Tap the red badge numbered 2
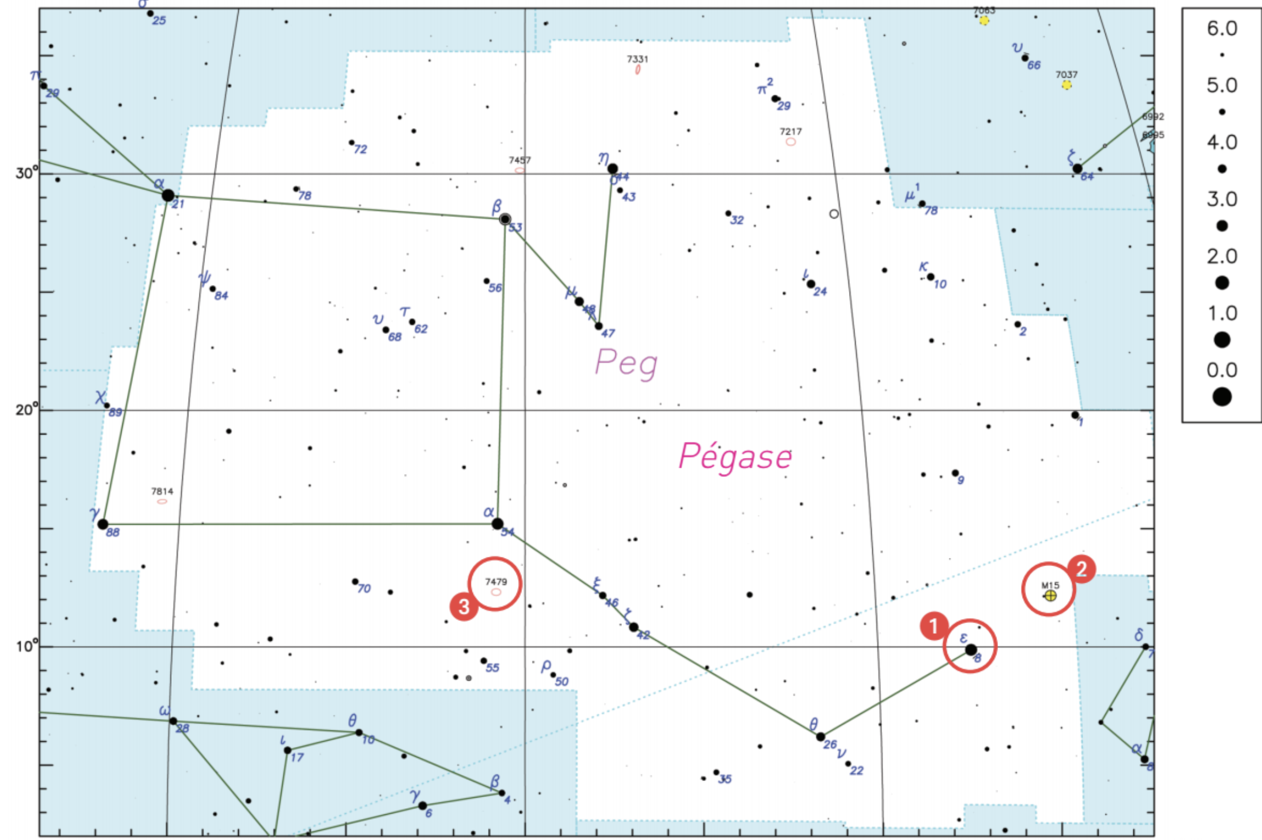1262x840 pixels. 1081,569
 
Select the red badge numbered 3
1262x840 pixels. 463,606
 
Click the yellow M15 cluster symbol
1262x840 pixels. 1050,595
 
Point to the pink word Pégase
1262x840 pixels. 735,457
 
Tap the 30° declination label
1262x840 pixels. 27,173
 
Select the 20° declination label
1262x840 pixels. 27,410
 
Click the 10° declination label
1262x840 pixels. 27,646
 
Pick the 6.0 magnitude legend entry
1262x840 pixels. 1222,28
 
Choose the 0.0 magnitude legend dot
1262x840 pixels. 1222,397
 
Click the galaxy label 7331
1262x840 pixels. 637,59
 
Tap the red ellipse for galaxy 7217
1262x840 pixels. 791,142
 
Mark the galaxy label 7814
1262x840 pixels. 162,491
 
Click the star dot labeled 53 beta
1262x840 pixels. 505,219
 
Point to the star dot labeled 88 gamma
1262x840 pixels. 103,524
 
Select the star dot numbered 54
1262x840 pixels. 497,523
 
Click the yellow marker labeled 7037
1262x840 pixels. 1067,85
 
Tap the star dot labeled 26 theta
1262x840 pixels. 820,737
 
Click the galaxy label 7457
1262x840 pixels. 519,160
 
